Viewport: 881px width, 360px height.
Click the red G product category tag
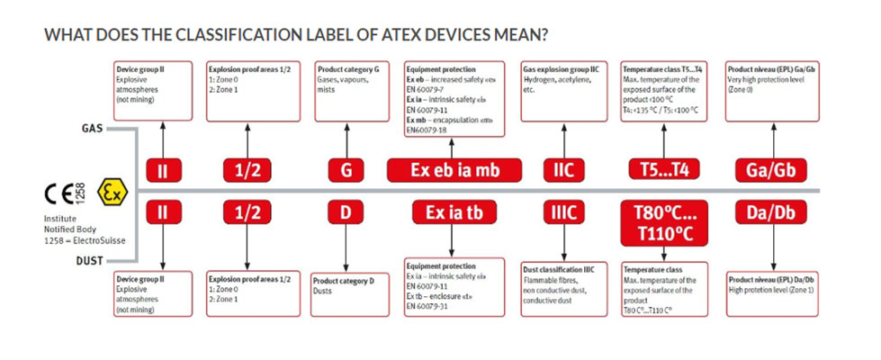pos(346,171)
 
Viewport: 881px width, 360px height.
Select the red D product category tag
pos(346,213)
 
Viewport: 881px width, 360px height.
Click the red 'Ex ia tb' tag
pos(454,213)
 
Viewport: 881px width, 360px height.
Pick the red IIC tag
pos(564,171)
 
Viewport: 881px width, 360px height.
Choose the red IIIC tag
pos(564,213)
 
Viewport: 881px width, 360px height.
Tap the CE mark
pos(61,193)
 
